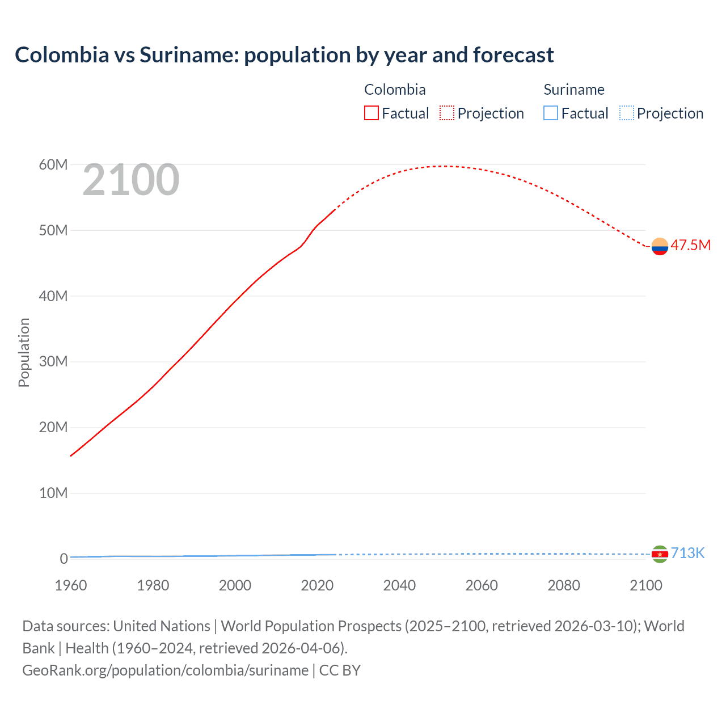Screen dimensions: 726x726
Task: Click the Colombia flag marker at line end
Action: click(660, 247)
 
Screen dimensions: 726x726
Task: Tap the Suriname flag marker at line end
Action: click(660, 554)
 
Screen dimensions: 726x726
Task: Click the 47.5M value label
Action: click(690, 246)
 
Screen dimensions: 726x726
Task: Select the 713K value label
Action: click(687, 554)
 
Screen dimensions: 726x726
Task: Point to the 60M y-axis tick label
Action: click(53, 165)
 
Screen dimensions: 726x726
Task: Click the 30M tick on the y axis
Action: click(53, 362)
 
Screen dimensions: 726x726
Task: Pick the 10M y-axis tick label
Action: click(53, 493)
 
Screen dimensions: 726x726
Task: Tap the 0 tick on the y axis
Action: click(64, 559)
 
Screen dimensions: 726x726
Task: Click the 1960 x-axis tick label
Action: click(71, 586)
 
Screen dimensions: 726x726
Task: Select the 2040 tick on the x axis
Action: click(399, 586)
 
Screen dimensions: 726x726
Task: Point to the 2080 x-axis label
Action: click(564, 586)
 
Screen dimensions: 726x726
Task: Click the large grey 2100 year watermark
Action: click(131, 180)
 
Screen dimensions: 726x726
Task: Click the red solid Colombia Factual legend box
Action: click(372, 113)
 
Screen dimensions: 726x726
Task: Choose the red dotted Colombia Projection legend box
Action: click(447, 113)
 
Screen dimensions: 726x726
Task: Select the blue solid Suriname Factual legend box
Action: click(551, 113)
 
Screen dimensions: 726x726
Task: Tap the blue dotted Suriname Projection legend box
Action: click(627, 113)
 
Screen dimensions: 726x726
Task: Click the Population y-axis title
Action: click(24, 352)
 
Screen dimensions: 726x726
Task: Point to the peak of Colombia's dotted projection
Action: click(446, 166)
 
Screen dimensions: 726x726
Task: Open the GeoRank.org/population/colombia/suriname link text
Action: click(165, 670)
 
